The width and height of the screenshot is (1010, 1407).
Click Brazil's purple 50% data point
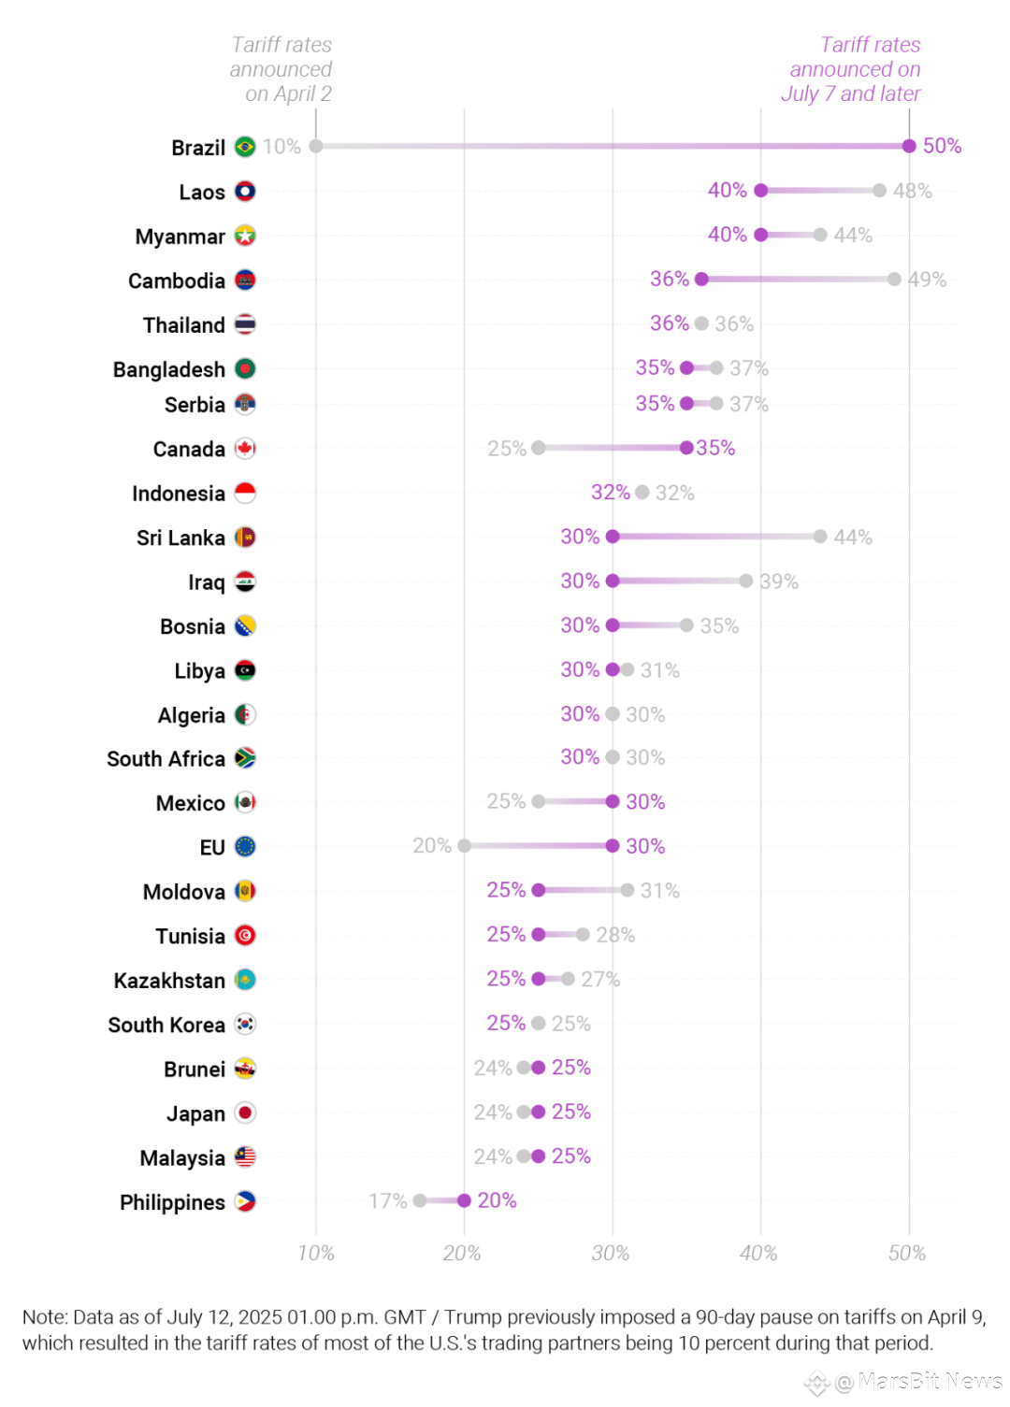(909, 146)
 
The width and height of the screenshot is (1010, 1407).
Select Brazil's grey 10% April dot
(316, 146)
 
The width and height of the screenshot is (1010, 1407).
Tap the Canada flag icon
(245, 449)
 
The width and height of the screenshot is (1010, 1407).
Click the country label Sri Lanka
(180, 538)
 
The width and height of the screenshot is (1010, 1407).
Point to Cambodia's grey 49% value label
(927, 280)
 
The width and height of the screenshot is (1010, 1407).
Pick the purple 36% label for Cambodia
(670, 279)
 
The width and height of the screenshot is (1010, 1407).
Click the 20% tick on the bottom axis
(462, 1253)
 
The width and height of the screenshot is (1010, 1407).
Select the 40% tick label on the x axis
(758, 1253)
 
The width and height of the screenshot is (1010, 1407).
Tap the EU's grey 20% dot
(465, 846)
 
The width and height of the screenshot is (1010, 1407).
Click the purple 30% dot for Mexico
(613, 801)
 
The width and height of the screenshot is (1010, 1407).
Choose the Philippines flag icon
(245, 1201)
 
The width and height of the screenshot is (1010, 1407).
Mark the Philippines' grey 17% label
(387, 1200)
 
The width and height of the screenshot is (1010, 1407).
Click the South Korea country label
(166, 1025)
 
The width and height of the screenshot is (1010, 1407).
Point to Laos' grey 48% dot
(879, 191)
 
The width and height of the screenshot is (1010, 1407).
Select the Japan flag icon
(245, 1113)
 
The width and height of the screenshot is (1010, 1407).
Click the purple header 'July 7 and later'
(850, 93)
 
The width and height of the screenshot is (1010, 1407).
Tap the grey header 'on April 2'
(288, 93)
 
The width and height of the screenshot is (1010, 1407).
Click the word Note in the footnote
(44, 1317)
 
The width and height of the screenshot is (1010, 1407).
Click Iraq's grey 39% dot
(746, 581)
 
